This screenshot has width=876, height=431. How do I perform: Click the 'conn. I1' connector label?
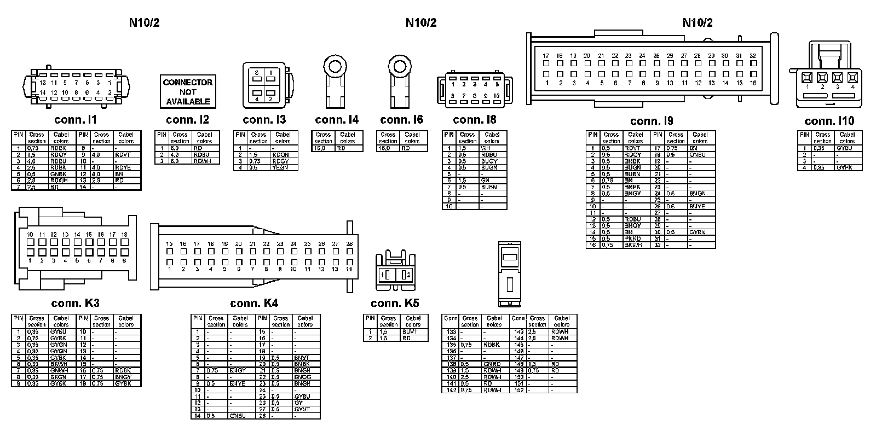76,120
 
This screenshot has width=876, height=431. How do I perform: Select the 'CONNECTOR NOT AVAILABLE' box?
188,92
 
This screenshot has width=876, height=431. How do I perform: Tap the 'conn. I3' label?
264,120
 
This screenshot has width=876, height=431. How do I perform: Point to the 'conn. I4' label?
337,120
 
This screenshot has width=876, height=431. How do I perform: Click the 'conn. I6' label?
401,120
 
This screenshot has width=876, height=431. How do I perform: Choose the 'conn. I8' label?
475,120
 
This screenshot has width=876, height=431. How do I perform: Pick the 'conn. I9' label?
652,121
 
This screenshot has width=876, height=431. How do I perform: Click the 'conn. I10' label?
829,121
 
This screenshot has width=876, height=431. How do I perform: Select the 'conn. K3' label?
76,303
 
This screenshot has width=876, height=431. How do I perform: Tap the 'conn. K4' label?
254,303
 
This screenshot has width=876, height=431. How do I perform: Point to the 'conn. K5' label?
395,303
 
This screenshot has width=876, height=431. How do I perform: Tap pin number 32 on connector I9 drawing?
753,56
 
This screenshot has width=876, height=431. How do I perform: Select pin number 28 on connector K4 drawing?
349,244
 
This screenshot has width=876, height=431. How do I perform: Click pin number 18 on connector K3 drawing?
124,234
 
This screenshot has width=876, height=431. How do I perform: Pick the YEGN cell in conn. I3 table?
280,167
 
